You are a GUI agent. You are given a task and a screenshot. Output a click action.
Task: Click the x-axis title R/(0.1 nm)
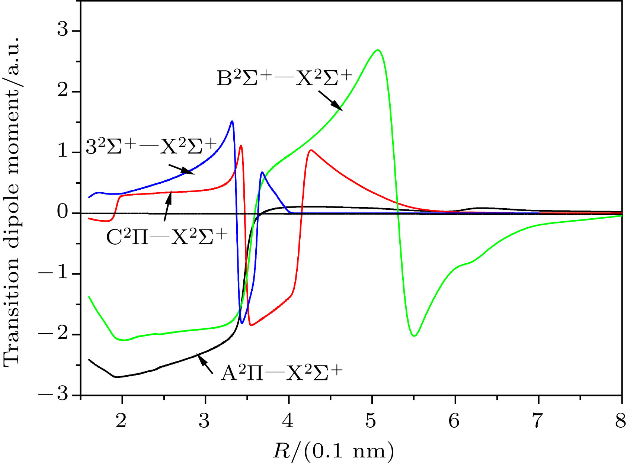click(x=333, y=451)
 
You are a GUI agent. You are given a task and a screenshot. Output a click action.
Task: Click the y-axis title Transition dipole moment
click(x=12, y=201)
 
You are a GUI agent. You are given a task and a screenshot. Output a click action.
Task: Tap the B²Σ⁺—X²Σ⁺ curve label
click(x=284, y=79)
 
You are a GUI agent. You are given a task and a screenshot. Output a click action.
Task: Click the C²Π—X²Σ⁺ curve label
click(x=166, y=237)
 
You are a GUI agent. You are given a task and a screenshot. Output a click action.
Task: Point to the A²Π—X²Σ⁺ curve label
click(x=281, y=373)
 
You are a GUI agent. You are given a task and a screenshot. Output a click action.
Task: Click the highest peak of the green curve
click(x=377, y=50)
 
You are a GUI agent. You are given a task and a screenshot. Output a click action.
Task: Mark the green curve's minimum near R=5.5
click(x=414, y=336)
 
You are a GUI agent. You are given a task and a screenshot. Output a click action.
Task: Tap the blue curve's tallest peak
click(x=232, y=121)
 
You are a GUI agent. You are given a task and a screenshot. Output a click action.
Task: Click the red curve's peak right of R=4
click(x=311, y=150)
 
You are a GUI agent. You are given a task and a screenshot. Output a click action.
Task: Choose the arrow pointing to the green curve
click(x=330, y=101)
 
